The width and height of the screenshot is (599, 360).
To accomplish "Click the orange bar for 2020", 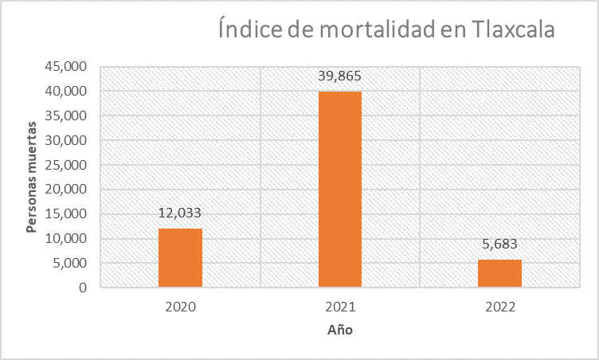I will pos(180,257).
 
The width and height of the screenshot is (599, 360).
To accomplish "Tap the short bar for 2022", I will pos(499,273).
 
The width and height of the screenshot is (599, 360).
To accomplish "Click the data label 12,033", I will pos(180,213).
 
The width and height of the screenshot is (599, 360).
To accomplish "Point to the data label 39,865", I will pos(340,76).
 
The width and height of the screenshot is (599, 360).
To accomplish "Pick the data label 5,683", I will pos(499,244).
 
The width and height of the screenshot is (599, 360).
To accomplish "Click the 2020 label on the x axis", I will pos(180,307).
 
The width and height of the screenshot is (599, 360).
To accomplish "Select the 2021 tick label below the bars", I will pos(340,307).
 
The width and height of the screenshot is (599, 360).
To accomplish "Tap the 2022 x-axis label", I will pos(499,307).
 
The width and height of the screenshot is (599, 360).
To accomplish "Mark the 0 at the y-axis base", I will pos(83,288).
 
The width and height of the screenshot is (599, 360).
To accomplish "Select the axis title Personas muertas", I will pos(31,177).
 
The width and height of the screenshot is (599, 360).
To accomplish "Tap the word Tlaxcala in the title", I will pos(506,31).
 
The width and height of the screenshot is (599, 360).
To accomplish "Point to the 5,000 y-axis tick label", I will pos(70,264).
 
